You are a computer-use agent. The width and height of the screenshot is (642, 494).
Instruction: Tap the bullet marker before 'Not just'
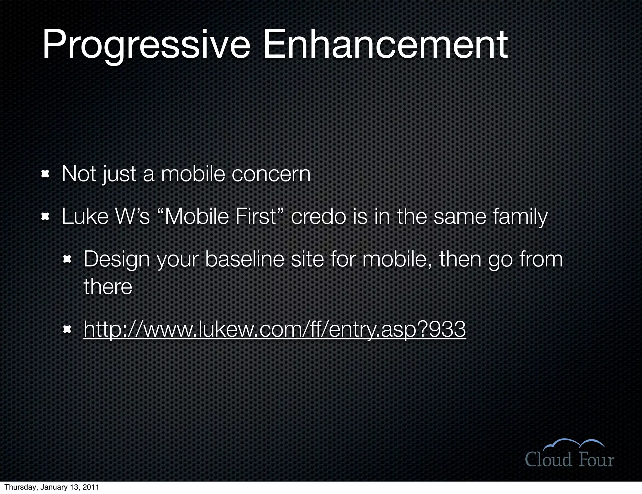[x=46, y=174]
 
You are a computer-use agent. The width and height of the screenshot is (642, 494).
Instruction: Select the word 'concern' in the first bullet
[x=271, y=174]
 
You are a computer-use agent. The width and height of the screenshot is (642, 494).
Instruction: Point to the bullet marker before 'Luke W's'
[x=46, y=216]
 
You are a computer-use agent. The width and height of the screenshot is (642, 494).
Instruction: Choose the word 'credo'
[x=318, y=217]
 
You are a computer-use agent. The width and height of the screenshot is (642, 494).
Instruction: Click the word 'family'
[x=520, y=217]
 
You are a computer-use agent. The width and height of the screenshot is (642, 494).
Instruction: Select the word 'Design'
[x=117, y=260]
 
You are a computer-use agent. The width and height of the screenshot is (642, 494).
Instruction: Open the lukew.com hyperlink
[x=275, y=329]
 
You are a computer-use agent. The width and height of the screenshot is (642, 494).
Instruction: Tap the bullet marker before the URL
[x=67, y=329]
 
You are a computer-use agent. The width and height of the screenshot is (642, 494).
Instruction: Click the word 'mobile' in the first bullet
[x=193, y=174]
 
